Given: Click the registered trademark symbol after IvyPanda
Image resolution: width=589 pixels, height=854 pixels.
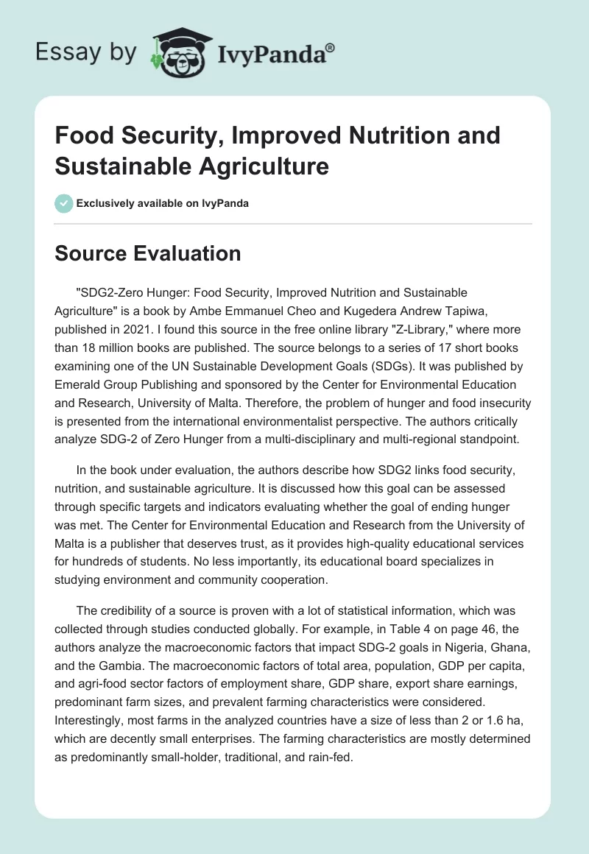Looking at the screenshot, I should [x=331, y=49].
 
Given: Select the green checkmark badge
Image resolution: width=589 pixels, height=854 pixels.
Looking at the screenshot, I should [x=63, y=203].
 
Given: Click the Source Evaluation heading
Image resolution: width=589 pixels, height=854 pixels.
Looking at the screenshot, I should [x=148, y=254].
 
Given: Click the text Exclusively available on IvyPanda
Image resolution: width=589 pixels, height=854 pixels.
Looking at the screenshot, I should [x=162, y=203].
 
